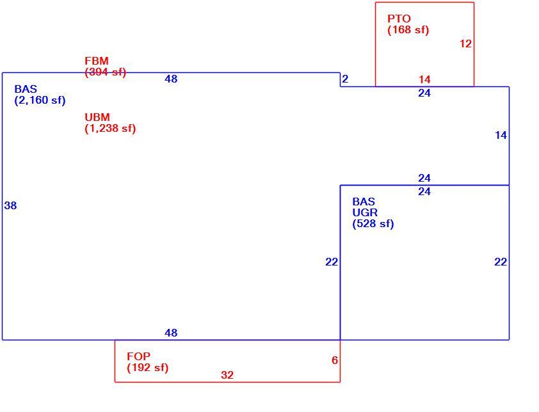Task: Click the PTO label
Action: coord(399,19)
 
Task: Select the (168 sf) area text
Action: coord(408,30)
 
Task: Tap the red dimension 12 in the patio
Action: coord(465,44)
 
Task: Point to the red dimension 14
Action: coord(424,79)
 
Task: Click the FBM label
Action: coord(97,61)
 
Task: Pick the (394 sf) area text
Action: coord(106,72)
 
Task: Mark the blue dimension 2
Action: coord(345,79)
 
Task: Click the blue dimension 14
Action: coord(501,135)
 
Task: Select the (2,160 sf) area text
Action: coord(40,100)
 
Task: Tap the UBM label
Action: coord(97,117)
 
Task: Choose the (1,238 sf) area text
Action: coord(110,129)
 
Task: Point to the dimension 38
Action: coord(10,205)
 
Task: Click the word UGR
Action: coord(365,212)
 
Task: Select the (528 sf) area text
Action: coord(373,224)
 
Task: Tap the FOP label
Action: coord(138,356)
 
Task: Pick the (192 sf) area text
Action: coord(148,368)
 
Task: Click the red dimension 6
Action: coord(335,360)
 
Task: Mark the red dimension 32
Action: coord(227,374)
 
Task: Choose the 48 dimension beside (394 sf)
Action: coord(171,79)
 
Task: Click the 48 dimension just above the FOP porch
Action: coord(171,333)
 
